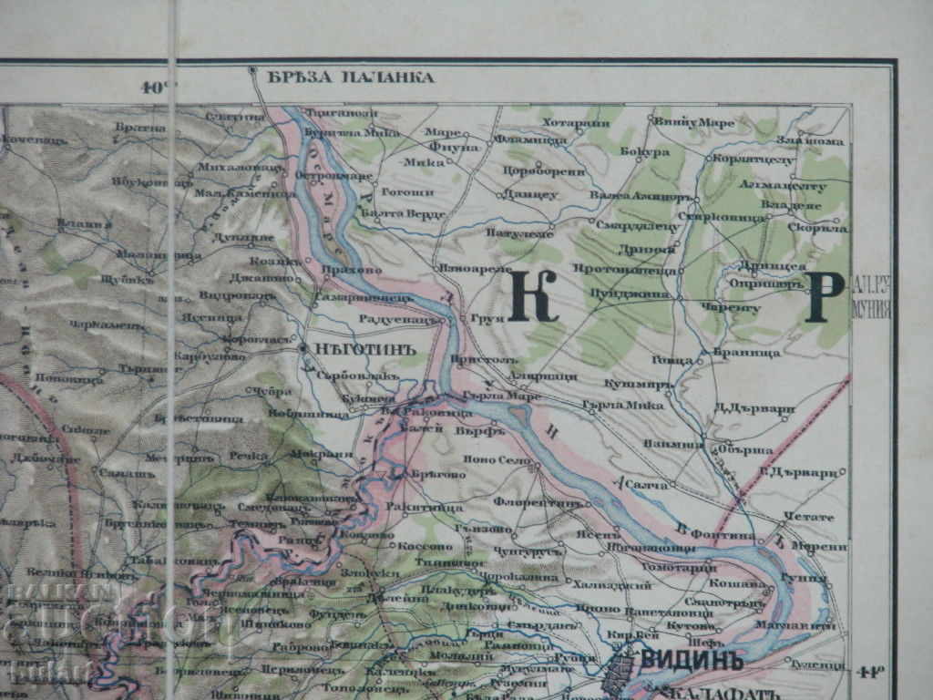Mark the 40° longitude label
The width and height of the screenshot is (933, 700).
click(157, 88)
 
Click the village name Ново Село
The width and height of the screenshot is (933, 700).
click(497, 461)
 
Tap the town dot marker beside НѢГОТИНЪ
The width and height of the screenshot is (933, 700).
click(302, 347)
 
